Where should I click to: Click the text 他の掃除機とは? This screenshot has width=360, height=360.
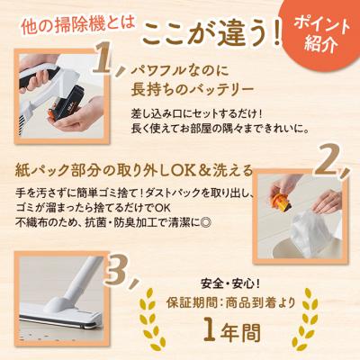point(78,25)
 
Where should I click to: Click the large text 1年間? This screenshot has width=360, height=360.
point(232,332)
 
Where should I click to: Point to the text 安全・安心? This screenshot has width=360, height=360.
point(230,283)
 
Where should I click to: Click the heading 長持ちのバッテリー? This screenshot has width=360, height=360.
point(193,90)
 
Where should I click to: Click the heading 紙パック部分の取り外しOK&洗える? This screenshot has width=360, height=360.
point(134,171)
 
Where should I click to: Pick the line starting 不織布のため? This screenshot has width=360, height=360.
point(114,222)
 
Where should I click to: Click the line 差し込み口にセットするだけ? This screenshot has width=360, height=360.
point(197,114)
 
